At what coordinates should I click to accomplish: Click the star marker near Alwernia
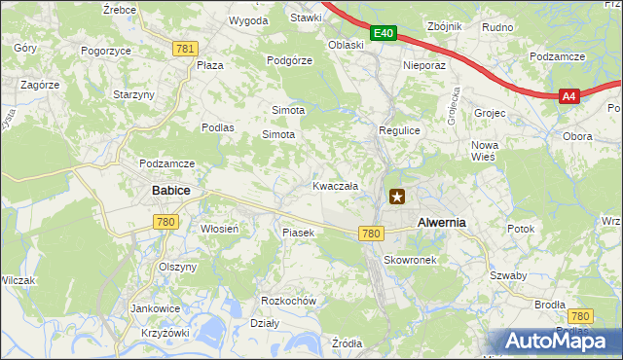397,197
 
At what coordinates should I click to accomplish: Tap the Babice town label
170,191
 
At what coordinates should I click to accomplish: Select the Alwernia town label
441,222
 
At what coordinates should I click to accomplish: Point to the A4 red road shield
569,95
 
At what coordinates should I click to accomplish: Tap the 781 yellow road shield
185,48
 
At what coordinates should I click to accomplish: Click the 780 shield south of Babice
165,223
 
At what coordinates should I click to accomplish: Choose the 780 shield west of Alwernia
370,234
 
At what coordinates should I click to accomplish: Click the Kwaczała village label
335,185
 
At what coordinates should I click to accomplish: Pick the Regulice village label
398,129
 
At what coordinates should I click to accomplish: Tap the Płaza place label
210,65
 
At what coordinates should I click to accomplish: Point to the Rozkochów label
289,301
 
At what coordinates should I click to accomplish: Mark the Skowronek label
415,261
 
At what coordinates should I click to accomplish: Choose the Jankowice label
155,307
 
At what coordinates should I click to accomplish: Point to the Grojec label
490,113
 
